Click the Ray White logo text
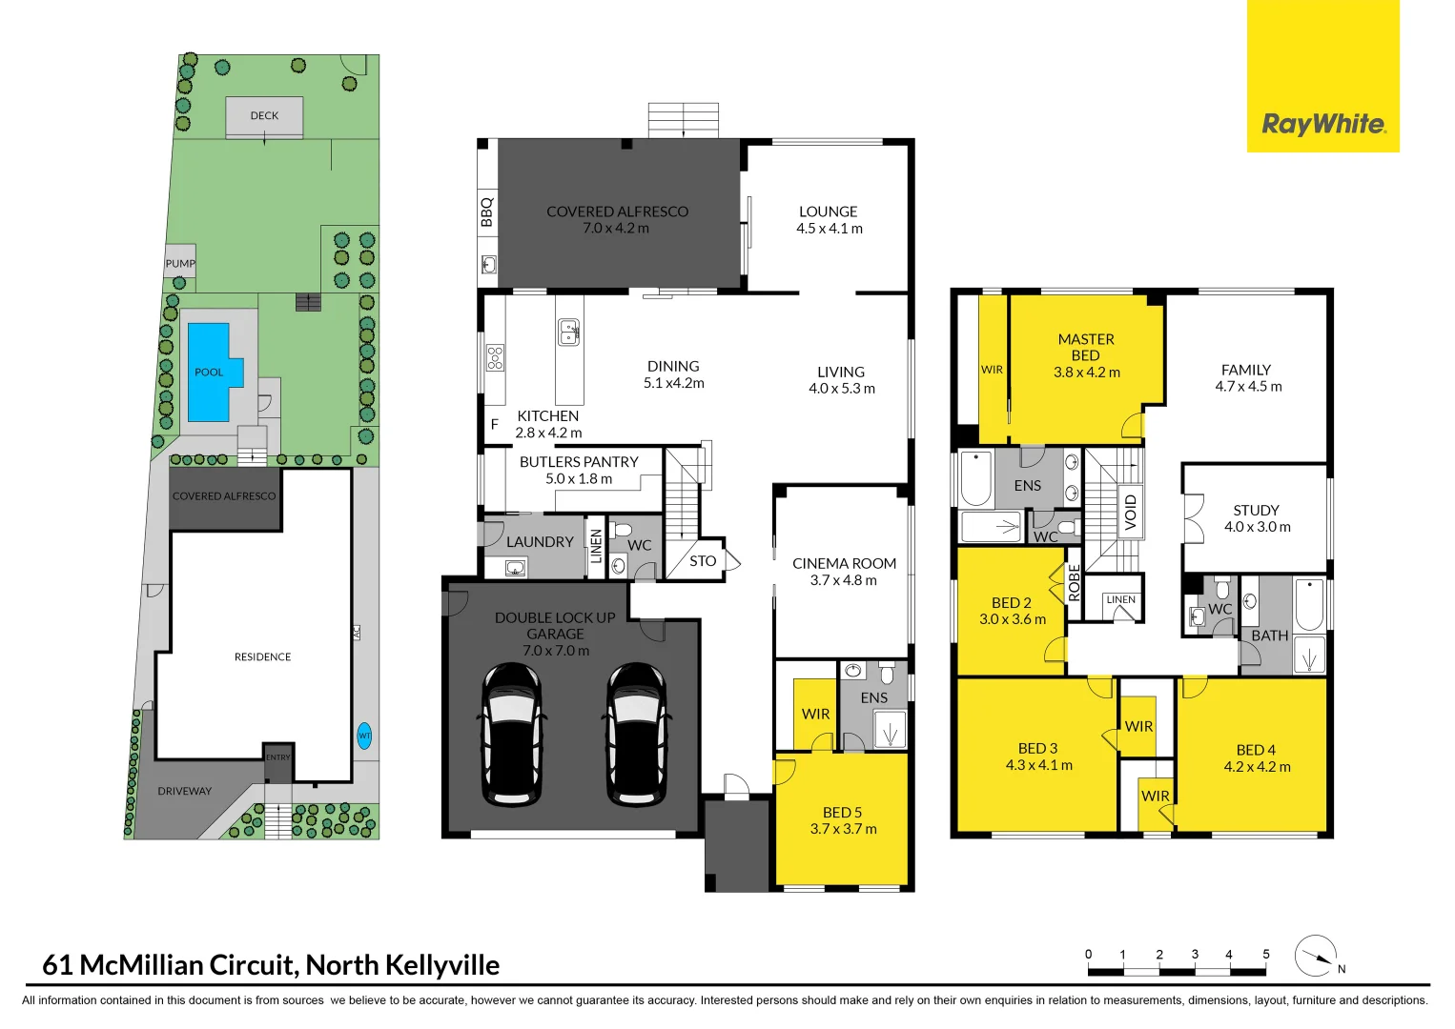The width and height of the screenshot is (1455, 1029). point(1323,125)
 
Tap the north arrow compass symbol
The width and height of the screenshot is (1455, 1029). point(1316,956)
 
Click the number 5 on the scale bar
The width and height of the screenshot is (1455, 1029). point(1265,954)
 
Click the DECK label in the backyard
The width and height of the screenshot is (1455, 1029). point(264,116)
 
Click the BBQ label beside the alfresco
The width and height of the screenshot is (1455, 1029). point(487,212)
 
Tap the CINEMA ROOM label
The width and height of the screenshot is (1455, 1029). point(844,563)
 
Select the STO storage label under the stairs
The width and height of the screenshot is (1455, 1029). point(703,561)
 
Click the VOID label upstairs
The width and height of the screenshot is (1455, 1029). point(1131,512)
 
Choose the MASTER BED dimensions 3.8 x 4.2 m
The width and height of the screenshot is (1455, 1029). point(1086,373)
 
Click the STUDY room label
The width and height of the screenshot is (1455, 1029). point(1256,511)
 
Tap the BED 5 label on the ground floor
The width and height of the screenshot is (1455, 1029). point(842,813)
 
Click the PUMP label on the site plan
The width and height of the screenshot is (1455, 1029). point(180,264)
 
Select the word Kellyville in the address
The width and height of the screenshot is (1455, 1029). point(441,965)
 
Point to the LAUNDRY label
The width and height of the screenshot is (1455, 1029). point(540,542)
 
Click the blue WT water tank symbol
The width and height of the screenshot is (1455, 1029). point(364,736)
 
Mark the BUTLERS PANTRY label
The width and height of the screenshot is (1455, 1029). point(579,462)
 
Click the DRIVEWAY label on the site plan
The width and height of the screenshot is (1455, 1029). point(185,791)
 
